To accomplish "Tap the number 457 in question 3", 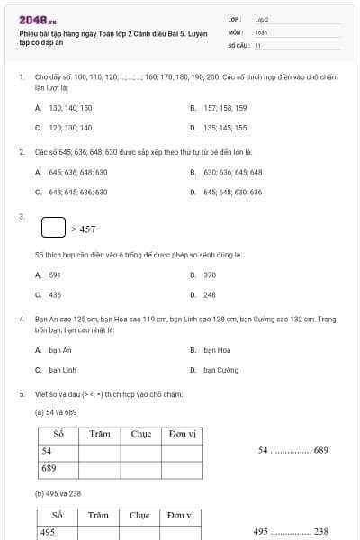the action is [87, 229].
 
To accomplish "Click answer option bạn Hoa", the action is [217, 350].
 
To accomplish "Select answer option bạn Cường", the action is [220, 370].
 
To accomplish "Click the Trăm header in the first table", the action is [99, 434].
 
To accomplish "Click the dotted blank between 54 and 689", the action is [290, 451].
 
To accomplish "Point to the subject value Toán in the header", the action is [261, 31].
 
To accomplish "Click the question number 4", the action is [22, 319].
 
